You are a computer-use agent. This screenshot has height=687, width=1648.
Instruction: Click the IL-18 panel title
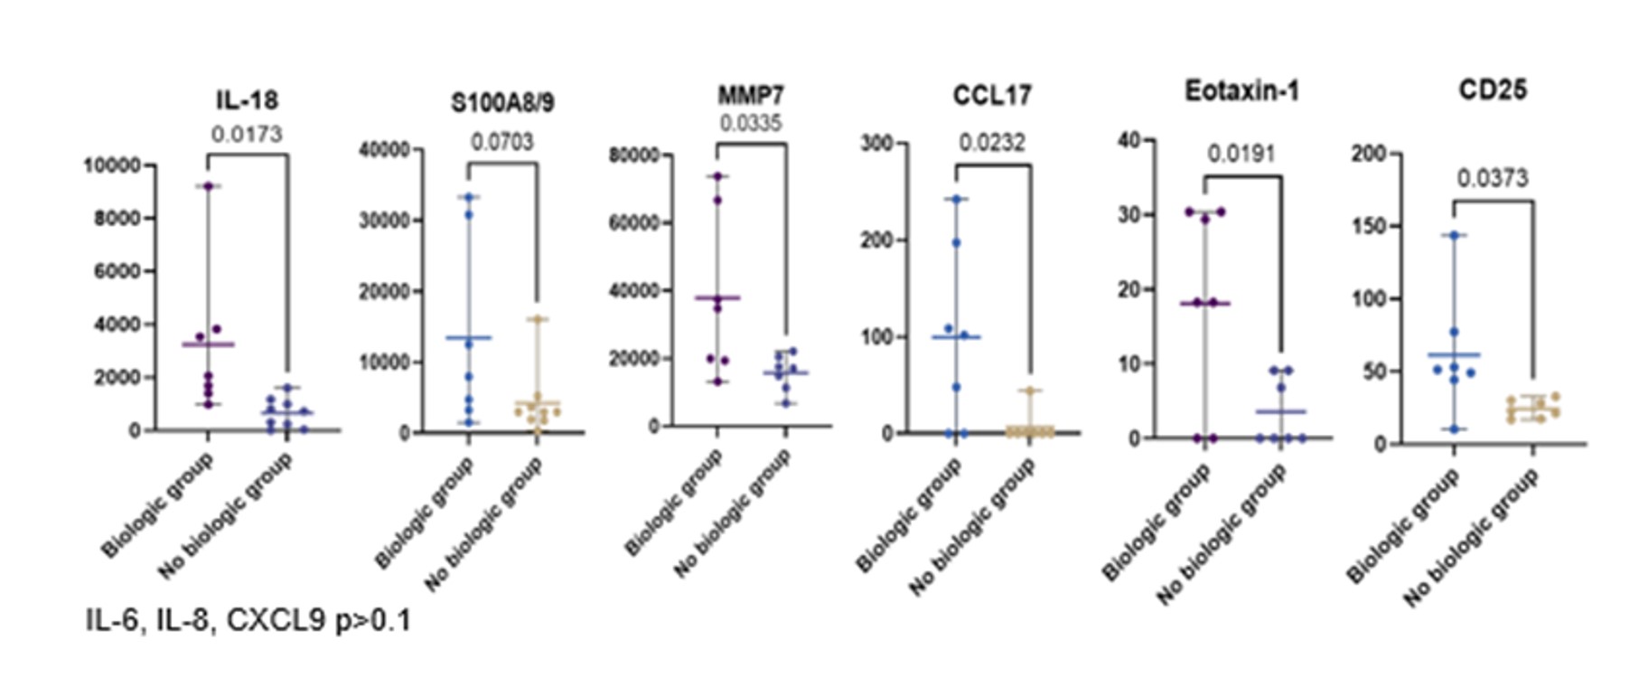pos(247,99)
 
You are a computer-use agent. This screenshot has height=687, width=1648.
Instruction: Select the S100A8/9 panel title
pos(502,103)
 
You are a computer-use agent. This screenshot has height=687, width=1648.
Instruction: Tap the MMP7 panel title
pos(750,95)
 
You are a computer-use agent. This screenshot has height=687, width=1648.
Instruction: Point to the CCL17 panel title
pos(991,95)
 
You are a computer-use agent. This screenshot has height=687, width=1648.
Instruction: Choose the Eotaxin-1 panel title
pos(1241,91)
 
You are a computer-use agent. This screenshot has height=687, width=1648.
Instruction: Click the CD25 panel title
pos(1492,89)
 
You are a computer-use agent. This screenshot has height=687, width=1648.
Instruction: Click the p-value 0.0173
pos(247,135)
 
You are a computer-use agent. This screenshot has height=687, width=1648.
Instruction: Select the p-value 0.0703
pos(502,142)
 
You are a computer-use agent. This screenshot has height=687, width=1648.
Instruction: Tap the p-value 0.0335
pos(750,123)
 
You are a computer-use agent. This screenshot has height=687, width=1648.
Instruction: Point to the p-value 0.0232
pos(991,143)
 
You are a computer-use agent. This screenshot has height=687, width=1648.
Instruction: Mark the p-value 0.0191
pos(1241,154)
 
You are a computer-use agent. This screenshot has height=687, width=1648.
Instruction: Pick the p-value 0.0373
pos(1492,179)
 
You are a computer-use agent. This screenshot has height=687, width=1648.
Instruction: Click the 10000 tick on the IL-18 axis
pos(112,165)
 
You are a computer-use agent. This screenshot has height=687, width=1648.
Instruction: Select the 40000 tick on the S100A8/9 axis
pos(384,149)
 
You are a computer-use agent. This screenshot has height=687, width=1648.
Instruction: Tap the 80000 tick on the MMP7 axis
pos(633,155)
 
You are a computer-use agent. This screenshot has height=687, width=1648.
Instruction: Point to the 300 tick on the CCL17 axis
pos(875,143)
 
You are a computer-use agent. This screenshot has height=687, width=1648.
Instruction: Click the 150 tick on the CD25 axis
pos(1370,226)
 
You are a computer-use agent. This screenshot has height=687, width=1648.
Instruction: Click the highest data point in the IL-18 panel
pos(208,186)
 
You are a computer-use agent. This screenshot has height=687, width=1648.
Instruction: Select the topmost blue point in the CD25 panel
pos(1455,236)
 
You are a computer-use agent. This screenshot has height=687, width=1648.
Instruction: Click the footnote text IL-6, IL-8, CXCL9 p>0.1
pos(248,620)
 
